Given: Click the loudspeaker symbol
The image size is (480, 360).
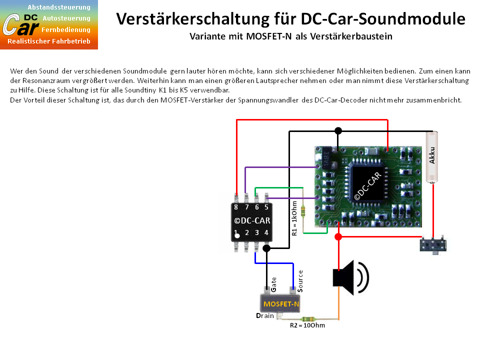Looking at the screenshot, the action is tap(350, 277).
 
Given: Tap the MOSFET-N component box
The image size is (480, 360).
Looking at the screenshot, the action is tap(280, 303).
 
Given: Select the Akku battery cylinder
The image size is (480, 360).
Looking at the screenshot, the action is tap(432, 157).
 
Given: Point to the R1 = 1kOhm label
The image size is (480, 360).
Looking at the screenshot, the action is tap(294, 218).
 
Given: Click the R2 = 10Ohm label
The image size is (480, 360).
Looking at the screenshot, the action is tap(307, 325).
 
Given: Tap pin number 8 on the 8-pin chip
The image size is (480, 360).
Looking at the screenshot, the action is tap(236, 207).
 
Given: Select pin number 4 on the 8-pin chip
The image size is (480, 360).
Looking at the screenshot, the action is tap(266, 232).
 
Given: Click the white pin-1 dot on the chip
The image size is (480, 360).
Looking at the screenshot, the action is tap(237, 235).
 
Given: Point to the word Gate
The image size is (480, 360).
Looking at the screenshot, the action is tap(273, 284).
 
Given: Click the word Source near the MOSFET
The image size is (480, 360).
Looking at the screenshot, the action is tap(300, 280).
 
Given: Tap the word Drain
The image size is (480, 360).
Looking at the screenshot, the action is tap(265, 315).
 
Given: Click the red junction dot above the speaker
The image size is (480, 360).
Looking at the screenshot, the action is tap(338, 236).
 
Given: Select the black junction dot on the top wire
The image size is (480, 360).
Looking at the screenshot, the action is tap(338, 131).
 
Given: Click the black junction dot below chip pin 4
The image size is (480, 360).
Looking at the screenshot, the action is tap(266, 248).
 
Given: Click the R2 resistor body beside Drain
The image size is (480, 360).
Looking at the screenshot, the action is tap(308, 319).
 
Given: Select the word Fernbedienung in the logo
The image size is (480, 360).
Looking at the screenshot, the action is tap(66, 29).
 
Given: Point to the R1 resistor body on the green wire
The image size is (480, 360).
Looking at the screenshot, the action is tap(303, 211).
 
